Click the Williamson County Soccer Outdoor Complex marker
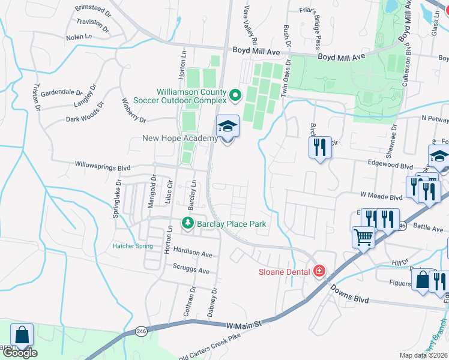235,94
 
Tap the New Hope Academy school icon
228,127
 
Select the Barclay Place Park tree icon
188,224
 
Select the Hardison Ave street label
193,254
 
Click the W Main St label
245,325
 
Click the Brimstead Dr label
93,10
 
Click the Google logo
20,353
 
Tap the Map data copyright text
423,355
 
